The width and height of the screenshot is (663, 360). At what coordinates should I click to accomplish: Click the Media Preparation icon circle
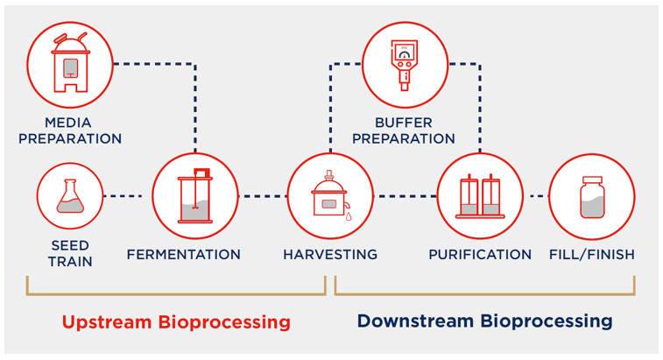pos(70,63)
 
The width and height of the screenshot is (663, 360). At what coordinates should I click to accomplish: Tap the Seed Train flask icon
pos(70,196)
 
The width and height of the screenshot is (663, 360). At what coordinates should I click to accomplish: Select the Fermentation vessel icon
pos(195,196)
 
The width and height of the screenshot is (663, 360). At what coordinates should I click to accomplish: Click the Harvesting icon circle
pos(330,196)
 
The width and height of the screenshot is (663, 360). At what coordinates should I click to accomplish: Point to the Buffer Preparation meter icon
pos(404,63)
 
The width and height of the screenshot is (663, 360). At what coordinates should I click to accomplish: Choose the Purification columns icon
pos(479,196)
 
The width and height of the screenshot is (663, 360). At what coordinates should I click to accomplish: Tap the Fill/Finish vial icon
pos(591,196)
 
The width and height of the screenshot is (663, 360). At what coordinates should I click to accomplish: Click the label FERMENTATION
pos(183,255)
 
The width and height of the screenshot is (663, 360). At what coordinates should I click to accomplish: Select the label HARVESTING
pos(330,255)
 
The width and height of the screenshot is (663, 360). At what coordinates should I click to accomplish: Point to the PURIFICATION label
pos(479,255)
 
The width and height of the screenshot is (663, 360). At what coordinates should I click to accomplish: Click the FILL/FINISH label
pos(591,255)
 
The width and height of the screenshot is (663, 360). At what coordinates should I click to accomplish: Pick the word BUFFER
pos(404,123)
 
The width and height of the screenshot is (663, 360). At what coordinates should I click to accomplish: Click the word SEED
pos(70,245)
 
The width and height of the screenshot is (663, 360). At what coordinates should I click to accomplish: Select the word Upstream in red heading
pos(106,321)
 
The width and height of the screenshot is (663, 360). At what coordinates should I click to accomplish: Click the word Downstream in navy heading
pos(417,321)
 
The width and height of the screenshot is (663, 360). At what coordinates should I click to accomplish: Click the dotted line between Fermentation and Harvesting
pos(262,196)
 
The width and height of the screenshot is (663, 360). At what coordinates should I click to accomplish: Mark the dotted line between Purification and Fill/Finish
pos(535,196)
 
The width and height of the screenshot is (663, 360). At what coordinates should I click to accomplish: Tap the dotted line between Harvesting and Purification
pos(405,196)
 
